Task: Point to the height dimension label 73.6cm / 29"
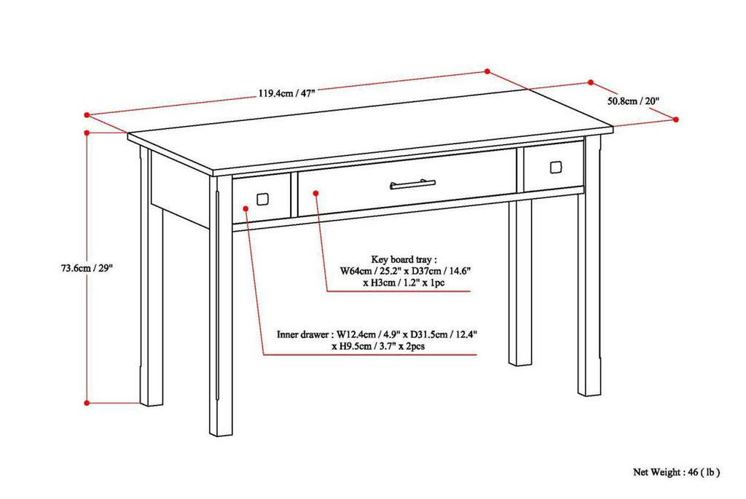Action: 87,267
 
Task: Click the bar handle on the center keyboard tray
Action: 412,184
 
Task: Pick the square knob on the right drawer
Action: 555,167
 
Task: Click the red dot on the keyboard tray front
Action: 316,193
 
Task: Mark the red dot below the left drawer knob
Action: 248,208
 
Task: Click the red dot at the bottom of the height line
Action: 87,402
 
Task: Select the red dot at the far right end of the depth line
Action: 676,119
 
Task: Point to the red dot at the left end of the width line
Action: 86,114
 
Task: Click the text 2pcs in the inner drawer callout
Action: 411,347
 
